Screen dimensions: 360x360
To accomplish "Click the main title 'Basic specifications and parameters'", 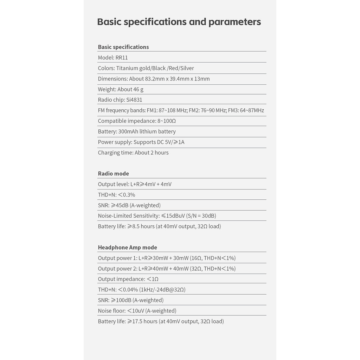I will pyautogui.click(x=179, y=22).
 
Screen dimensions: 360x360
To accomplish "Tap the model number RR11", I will pyautogui.click(x=122, y=58).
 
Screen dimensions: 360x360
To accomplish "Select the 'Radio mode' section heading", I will pyautogui.click(x=113, y=174).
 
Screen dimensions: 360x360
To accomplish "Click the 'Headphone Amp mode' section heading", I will pyautogui.click(x=127, y=247).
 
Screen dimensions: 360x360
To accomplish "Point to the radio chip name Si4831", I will pyautogui.click(x=134, y=100).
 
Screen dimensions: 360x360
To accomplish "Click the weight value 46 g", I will pyautogui.click(x=138, y=89).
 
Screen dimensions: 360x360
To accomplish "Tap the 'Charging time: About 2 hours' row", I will pyautogui.click(x=133, y=153).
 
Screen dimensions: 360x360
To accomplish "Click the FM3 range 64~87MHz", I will pyautogui.click(x=251, y=110).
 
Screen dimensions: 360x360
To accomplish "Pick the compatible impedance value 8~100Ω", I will pyautogui.click(x=167, y=121).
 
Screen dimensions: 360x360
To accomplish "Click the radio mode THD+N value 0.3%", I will pyautogui.click(x=129, y=195).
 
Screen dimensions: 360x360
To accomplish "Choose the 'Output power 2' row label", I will pyautogui.click(x=117, y=269).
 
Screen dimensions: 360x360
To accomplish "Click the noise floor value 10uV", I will pyautogui.click(x=137, y=311).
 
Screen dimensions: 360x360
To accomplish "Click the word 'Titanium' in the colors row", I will pyautogui.click(x=127, y=68).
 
